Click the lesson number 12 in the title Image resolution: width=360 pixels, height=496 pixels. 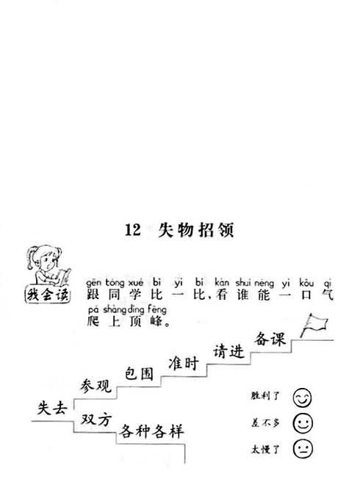[x=133, y=230]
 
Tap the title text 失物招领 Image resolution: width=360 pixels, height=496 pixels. [x=196, y=230]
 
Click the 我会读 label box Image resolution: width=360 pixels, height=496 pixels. [x=48, y=295]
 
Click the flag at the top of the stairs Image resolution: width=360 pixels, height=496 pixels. [x=314, y=325]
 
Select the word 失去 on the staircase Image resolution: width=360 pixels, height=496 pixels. [x=52, y=408]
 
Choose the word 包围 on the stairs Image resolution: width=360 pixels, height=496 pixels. [x=139, y=373]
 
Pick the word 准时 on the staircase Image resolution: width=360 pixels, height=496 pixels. [x=184, y=363]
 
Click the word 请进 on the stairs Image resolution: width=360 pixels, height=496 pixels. [x=228, y=351]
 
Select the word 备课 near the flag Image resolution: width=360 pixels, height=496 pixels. [x=270, y=339]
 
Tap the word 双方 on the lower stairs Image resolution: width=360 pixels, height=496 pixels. [x=96, y=420]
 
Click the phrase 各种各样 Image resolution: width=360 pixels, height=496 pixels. [x=151, y=431]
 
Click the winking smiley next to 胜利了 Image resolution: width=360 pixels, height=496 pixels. [x=302, y=398]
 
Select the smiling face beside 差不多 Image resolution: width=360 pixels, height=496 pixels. [x=303, y=423]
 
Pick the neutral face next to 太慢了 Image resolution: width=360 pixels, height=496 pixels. [x=303, y=448]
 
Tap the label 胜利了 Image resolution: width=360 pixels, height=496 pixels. [x=265, y=395]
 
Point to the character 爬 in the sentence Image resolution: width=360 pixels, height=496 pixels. [x=93, y=321]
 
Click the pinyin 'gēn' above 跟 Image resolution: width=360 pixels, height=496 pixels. [x=93, y=282]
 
